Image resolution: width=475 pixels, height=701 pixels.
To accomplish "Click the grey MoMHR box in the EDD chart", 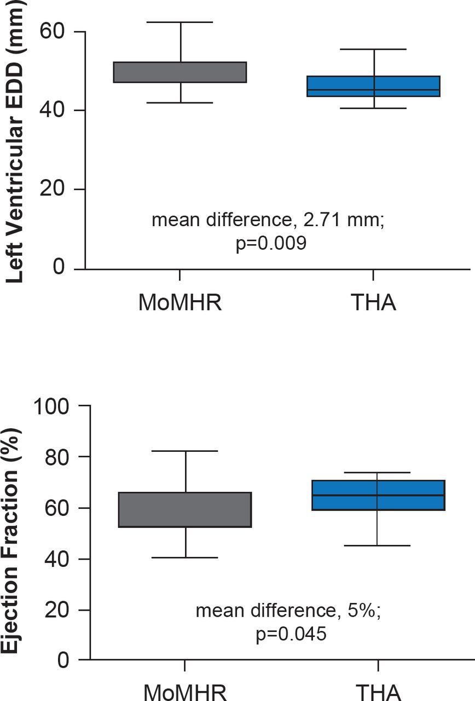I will [180, 72].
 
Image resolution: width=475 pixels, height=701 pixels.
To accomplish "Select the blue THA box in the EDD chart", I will [374, 86].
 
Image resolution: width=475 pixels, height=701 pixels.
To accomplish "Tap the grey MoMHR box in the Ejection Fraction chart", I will [185, 510].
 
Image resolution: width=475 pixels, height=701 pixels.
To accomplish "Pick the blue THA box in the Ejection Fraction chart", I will [378, 495].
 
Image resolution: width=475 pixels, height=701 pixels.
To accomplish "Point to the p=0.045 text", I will [291, 634].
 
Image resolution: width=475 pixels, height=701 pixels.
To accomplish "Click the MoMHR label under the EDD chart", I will [180, 302].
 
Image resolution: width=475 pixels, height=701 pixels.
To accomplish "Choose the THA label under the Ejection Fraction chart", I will [378, 691].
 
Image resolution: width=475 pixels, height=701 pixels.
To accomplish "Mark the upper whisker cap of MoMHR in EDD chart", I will [181, 22].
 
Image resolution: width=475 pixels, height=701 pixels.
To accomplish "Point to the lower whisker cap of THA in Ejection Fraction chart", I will [378, 546].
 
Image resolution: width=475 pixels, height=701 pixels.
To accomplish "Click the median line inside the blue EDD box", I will [374, 90].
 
